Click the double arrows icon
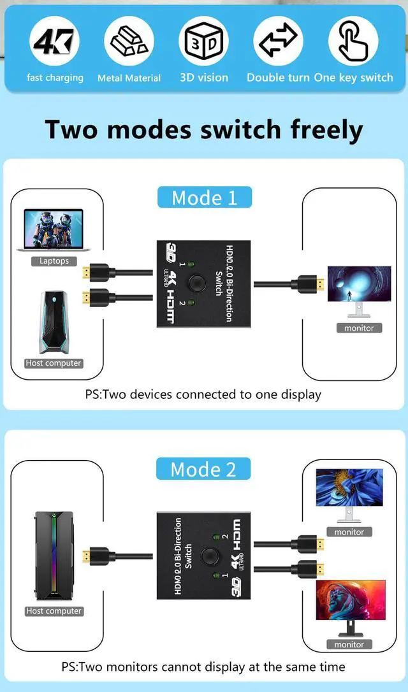278,41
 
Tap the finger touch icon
353,41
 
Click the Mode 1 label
204,198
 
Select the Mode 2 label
203,470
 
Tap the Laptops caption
54,261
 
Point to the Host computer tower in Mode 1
54,324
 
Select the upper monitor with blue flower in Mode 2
349,491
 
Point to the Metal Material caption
129,78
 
